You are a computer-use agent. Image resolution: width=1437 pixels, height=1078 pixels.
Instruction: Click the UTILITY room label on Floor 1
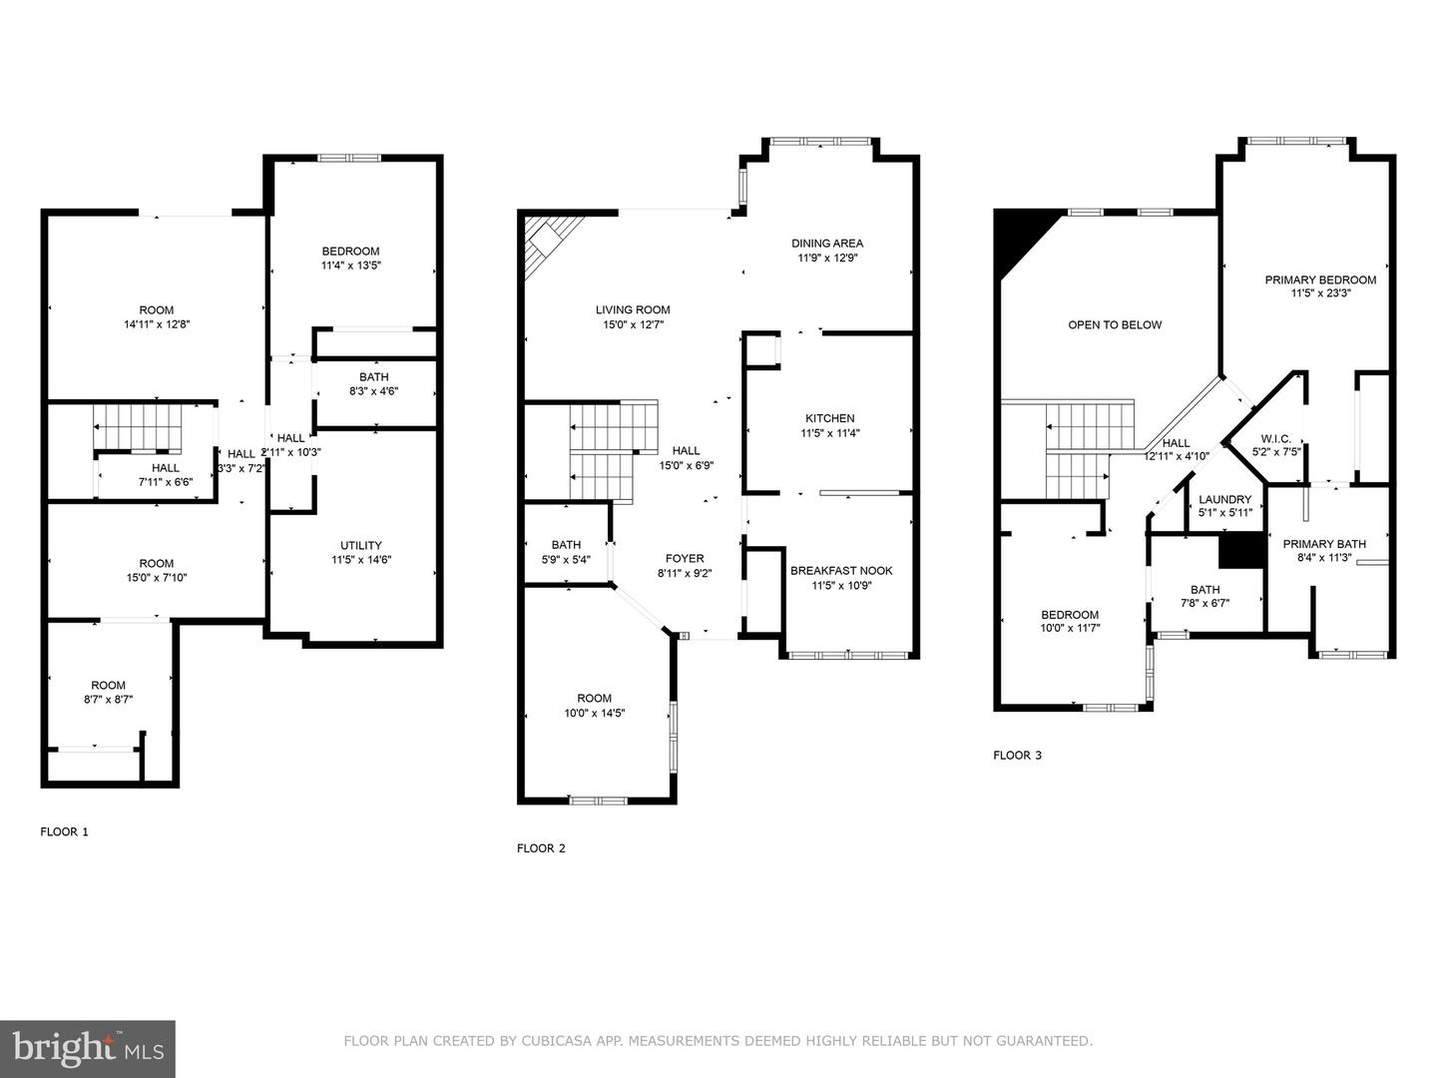[360, 545]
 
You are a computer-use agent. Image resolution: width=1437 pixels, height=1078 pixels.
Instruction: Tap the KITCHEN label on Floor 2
[829, 418]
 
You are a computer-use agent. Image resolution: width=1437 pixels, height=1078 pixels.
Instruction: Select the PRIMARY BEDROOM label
[1319, 279]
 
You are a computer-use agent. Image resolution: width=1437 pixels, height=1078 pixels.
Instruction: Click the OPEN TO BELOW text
[1115, 324]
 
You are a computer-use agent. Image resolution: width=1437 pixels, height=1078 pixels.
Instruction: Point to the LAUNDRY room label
[1224, 499]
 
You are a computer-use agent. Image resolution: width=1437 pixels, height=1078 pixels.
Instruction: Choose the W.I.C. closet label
[1275, 438]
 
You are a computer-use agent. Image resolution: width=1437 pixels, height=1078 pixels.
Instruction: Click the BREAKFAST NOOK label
[840, 571]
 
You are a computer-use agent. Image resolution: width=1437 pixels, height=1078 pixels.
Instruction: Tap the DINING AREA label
[826, 243]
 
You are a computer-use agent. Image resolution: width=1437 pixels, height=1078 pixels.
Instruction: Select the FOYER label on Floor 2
[685, 559]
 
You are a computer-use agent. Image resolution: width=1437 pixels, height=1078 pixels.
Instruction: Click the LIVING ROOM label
[633, 309]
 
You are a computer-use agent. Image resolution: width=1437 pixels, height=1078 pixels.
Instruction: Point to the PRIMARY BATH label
[1324, 544]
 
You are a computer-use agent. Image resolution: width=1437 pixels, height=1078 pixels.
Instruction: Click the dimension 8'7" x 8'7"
[109, 700]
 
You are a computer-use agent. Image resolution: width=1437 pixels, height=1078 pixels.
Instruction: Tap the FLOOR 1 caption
[64, 831]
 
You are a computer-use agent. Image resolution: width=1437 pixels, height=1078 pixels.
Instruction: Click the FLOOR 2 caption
[541, 848]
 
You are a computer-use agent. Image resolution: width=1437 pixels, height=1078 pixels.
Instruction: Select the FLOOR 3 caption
[1017, 756]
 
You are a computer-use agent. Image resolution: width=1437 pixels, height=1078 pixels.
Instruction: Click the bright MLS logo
[88, 1048]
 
